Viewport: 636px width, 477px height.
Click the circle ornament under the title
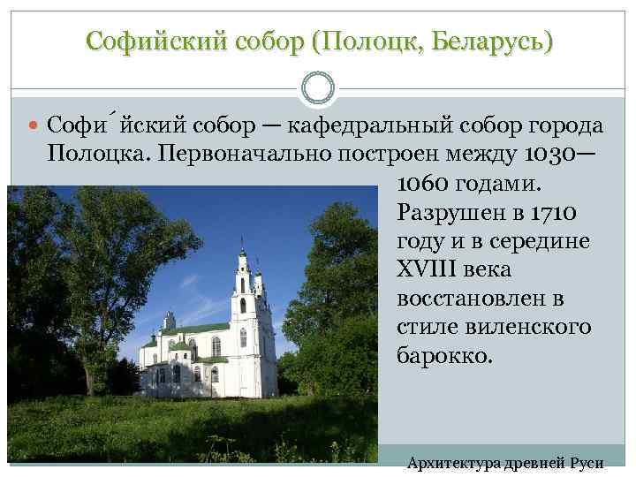pos(317,87)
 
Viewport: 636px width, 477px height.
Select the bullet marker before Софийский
pos(34,127)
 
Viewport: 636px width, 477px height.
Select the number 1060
pos(426,185)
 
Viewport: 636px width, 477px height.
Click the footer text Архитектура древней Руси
pos(504,463)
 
